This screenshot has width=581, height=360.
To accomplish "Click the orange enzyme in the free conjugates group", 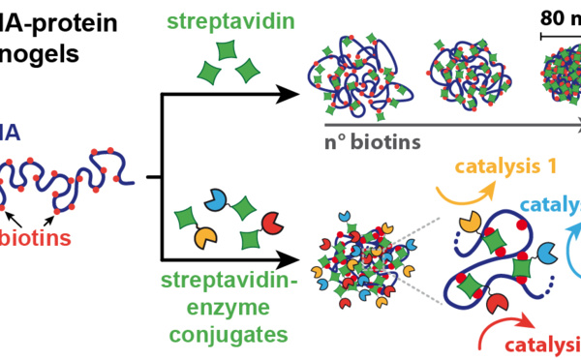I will (x=205, y=234).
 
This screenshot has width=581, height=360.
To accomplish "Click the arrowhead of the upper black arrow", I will (x=287, y=95).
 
